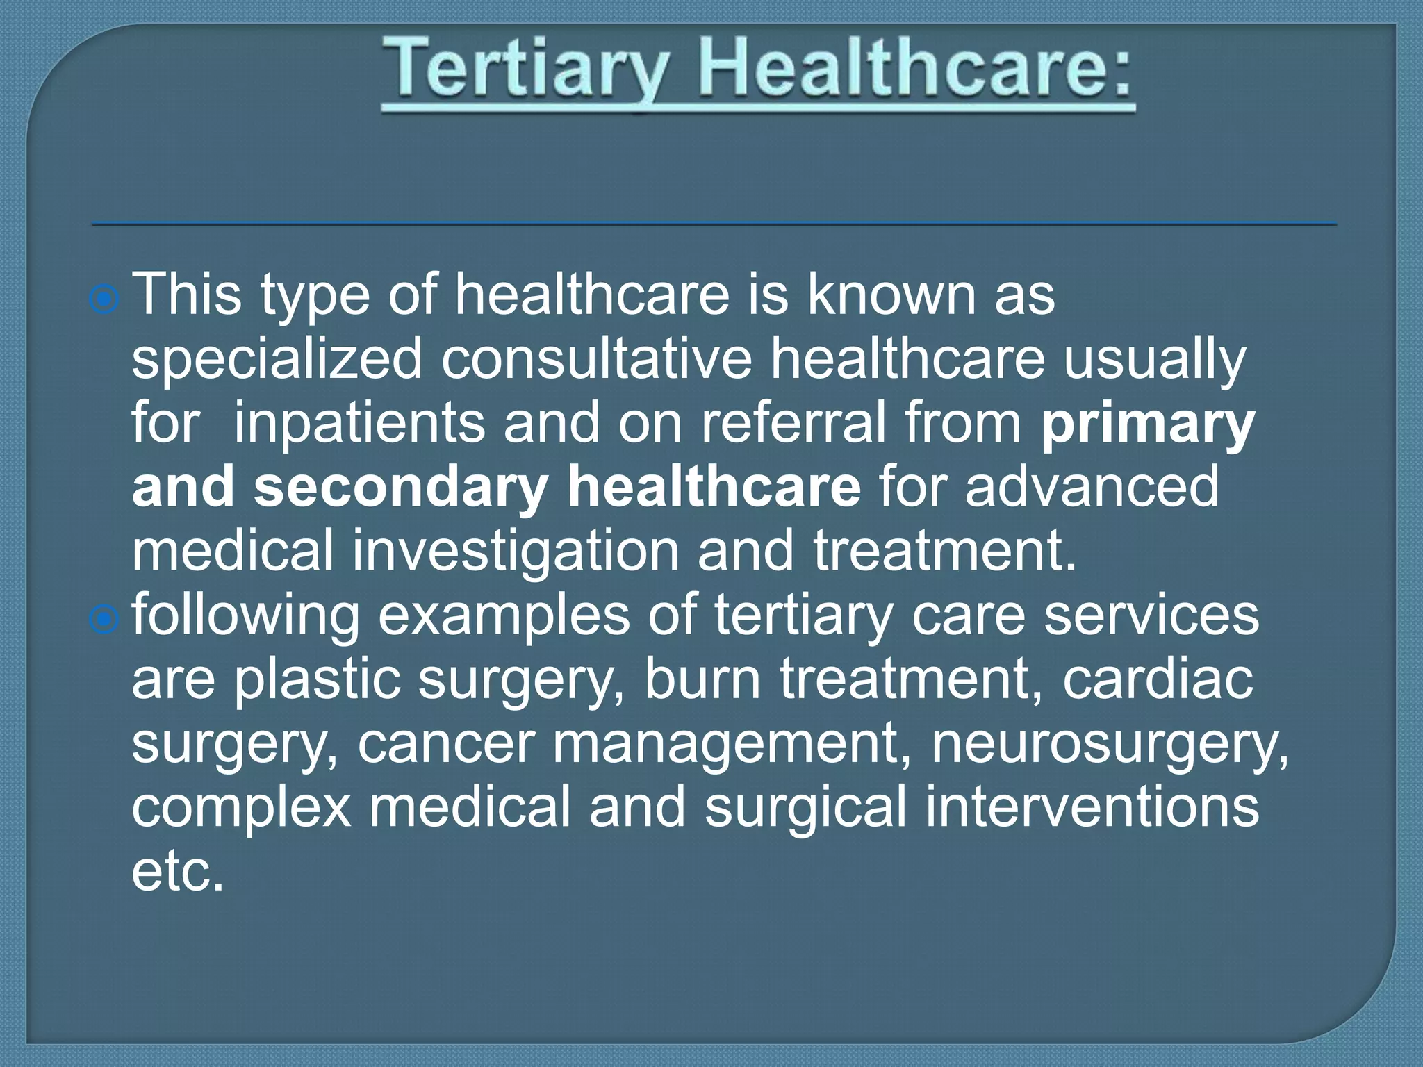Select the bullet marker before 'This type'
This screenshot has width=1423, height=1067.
pyautogui.click(x=104, y=299)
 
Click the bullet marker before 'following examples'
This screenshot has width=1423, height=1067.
pyautogui.click(x=104, y=619)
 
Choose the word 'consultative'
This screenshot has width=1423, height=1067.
pyautogui.click(x=596, y=358)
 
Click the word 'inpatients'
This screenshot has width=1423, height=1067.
pyautogui.click(x=359, y=424)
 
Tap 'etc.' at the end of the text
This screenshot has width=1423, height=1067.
pyautogui.click(x=178, y=871)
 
